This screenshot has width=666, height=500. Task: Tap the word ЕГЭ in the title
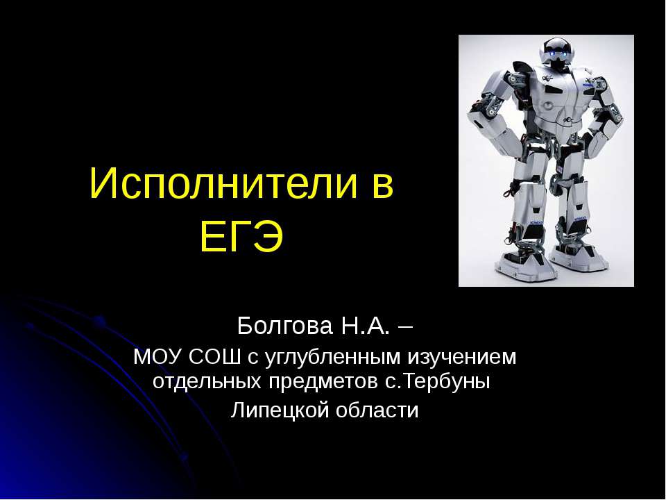(242, 238)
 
